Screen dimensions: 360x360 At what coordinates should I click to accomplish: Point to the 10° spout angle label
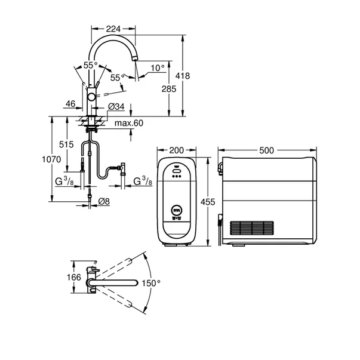click(x=157, y=68)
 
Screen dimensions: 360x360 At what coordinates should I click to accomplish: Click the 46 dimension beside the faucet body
click(x=69, y=104)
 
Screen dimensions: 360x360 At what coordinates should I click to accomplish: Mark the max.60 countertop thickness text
click(x=129, y=124)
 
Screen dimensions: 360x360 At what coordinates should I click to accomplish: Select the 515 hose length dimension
click(x=66, y=145)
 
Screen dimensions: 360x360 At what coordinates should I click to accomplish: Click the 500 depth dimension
click(x=266, y=150)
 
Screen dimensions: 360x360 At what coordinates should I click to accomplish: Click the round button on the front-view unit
click(x=176, y=210)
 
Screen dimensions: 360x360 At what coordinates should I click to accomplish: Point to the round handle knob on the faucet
click(x=90, y=97)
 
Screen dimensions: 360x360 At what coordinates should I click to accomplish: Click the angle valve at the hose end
click(x=121, y=168)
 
